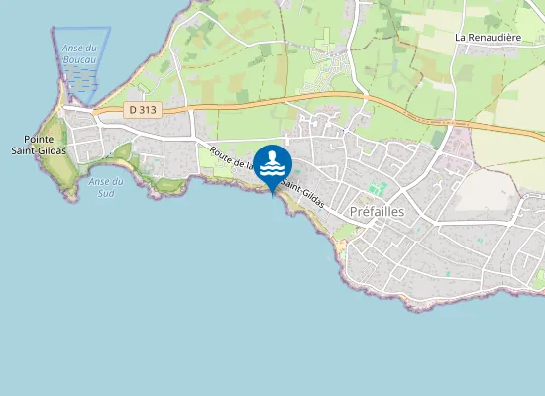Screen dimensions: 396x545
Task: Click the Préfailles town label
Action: (378, 212)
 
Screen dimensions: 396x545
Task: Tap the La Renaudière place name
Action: (488, 37)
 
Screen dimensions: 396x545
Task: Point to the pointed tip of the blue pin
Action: (272, 195)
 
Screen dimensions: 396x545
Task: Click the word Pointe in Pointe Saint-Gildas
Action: (40, 139)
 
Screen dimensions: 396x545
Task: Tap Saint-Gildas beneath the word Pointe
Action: (40, 150)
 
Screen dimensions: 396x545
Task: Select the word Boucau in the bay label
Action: (79, 60)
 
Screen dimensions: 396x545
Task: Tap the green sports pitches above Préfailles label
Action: (377, 188)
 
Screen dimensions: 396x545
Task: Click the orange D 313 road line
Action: (297, 97)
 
